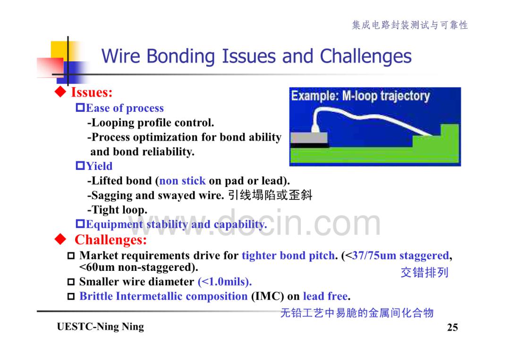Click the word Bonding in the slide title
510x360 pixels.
point(181,57)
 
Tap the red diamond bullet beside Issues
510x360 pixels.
point(60,92)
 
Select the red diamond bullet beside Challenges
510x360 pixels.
point(60,240)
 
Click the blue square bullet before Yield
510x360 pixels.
point(80,166)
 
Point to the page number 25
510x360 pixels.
point(452,327)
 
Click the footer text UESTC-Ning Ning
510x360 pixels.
point(100,327)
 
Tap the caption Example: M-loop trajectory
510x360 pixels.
point(360,96)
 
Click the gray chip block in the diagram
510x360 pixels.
point(309,137)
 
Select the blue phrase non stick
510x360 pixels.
point(182,181)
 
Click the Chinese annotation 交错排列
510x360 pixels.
point(425,272)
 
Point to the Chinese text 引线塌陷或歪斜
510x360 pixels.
point(270,195)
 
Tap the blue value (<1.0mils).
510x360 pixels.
point(225,281)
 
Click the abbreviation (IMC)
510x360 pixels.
point(268,296)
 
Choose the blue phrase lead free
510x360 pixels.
point(325,296)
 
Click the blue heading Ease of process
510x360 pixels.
point(125,108)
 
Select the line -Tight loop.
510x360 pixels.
point(117,209)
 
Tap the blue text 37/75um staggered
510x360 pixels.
point(400,255)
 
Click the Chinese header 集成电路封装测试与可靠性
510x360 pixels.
point(410,25)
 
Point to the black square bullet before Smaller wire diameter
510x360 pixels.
point(71,282)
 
